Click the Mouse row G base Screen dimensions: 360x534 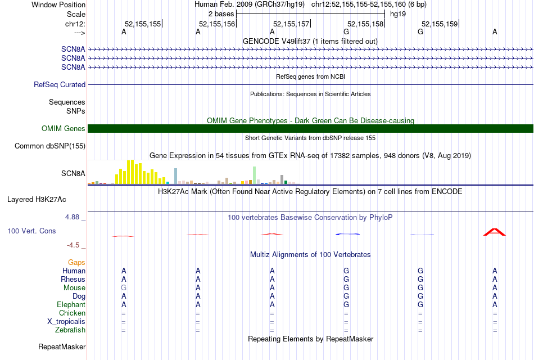click(x=124, y=288)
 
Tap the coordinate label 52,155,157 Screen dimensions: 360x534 click(x=291, y=24)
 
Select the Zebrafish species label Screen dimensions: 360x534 click(x=71, y=330)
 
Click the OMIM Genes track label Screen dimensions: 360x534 click(x=64, y=129)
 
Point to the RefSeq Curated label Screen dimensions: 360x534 click(x=60, y=85)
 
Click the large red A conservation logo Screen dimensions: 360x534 click(x=495, y=232)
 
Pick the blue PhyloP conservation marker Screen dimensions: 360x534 click(x=347, y=233)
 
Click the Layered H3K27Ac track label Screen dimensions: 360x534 click(x=37, y=200)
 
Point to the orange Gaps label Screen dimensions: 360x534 click(x=76, y=263)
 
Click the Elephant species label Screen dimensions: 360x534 click(x=71, y=305)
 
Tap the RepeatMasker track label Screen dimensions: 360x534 click(x=62, y=346)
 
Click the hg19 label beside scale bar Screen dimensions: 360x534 click(x=398, y=13)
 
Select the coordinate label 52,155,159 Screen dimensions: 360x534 click(x=440, y=24)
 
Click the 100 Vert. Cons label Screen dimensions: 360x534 click(x=31, y=231)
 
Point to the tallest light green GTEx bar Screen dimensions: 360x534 click(x=255, y=174)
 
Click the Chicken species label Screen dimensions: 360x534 click(x=72, y=313)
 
